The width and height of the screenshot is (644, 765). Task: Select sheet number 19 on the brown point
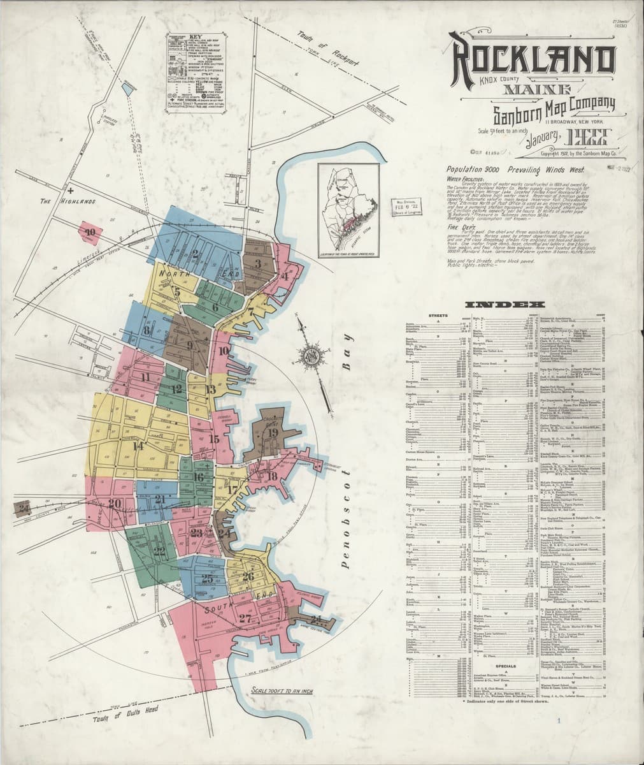273,432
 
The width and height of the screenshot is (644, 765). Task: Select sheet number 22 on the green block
159,551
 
